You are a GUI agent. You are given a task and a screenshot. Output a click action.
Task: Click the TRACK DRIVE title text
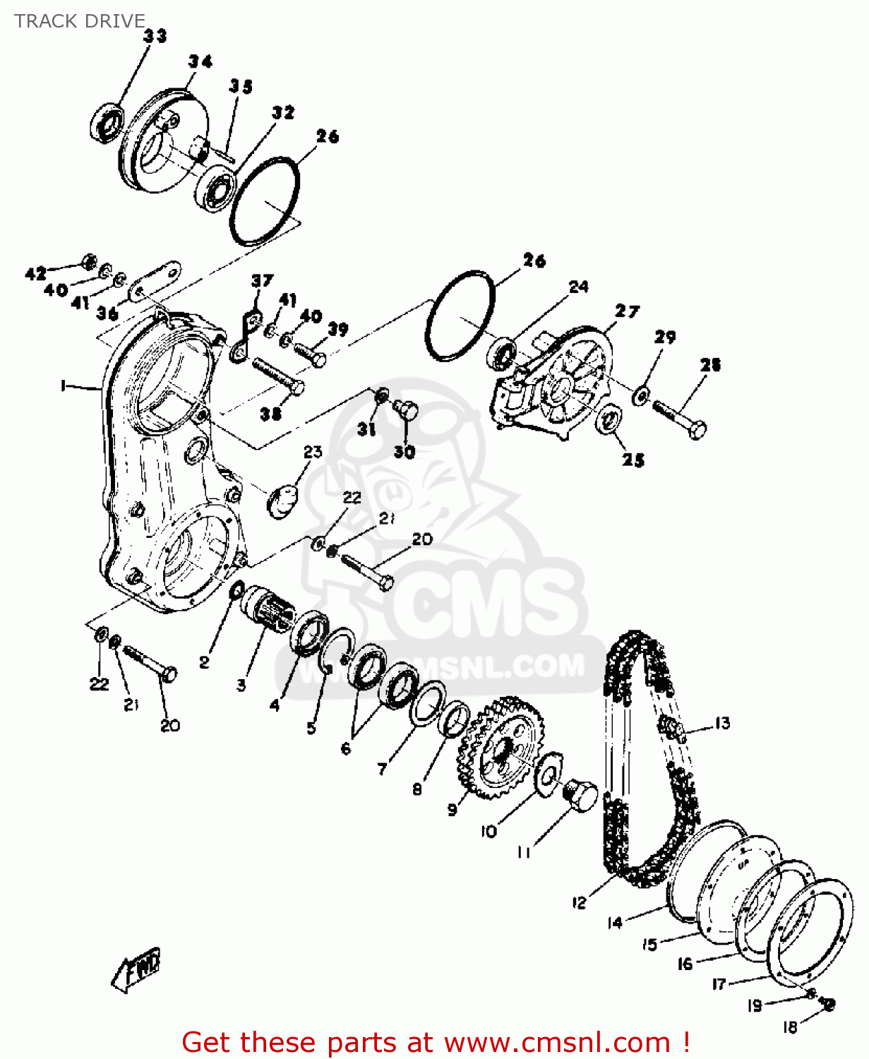click(x=80, y=21)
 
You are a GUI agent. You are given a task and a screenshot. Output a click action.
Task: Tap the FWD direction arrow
click(x=137, y=969)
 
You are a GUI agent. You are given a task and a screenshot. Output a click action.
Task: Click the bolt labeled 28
click(x=680, y=418)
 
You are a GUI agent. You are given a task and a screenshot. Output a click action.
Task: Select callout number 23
click(x=313, y=452)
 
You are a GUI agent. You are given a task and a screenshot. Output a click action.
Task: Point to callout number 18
click(x=790, y=1027)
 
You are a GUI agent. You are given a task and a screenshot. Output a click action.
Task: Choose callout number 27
click(x=627, y=311)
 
